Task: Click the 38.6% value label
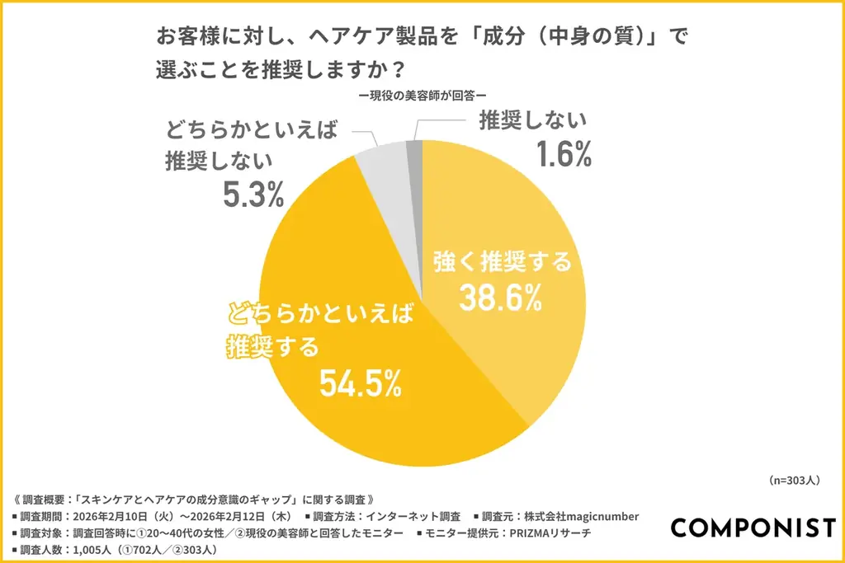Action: click(501, 298)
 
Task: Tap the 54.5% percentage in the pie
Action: click(361, 382)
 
